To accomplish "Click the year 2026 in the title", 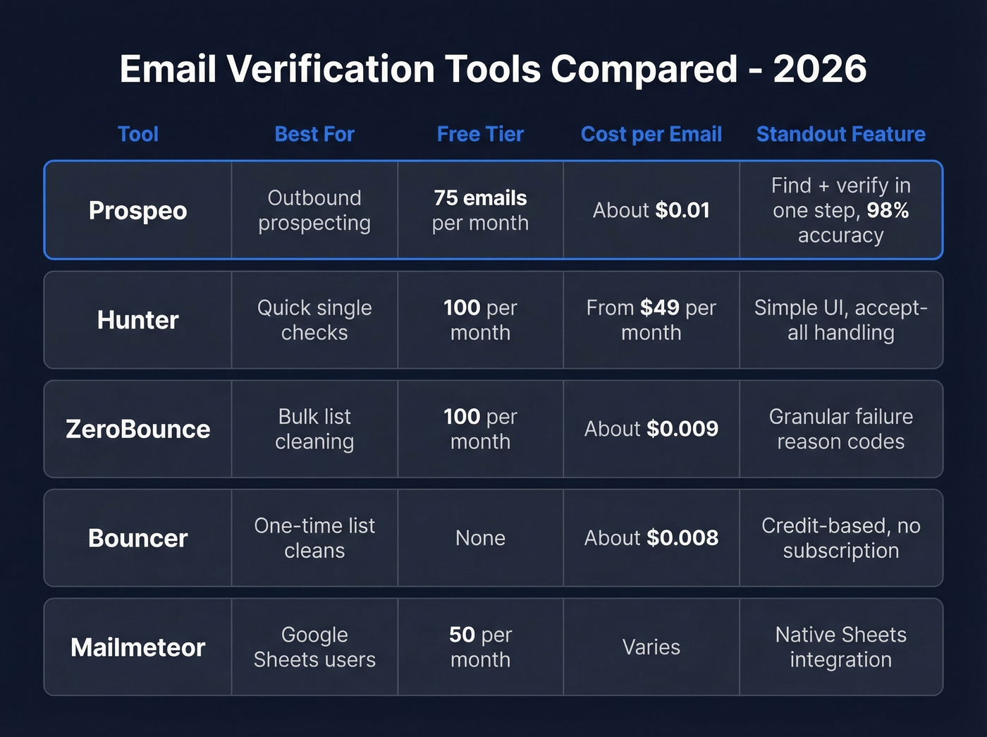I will tap(819, 69).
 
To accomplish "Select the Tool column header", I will tap(138, 134).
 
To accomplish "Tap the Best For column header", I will tap(314, 134).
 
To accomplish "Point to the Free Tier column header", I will tap(480, 134).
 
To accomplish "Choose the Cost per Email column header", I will tap(651, 134).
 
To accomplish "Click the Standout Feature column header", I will tap(840, 134).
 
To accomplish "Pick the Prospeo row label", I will tap(138, 210).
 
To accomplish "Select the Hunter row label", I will tap(138, 320).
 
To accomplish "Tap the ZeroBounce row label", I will tap(138, 429).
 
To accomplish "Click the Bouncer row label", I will tap(138, 538).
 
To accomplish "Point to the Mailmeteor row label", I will tap(138, 647).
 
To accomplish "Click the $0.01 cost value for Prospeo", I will tap(682, 210).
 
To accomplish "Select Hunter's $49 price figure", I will tap(659, 307).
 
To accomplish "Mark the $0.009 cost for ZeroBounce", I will tap(682, 429).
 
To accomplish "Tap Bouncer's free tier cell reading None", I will tap(480, 538).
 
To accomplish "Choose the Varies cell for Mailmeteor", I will tap(651, 647).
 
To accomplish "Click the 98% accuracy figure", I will tap(888, 210).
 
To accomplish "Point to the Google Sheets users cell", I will tap(314, 647).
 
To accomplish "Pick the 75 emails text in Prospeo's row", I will tap(480, 198).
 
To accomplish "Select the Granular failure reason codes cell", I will tap(840, 429).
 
